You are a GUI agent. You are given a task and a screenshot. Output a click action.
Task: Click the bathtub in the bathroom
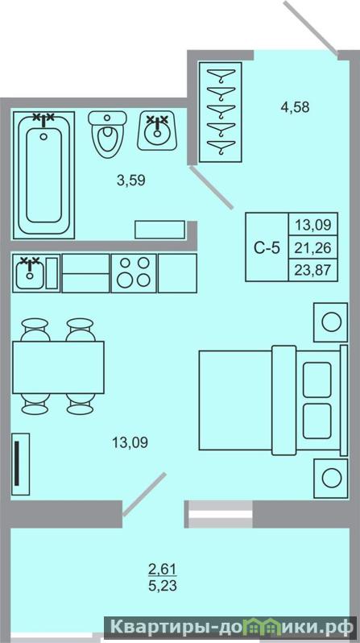pyautogui.click(x=43, y=175)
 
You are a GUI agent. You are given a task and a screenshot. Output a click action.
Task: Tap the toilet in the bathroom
pyautogui.click(x=107, y=134)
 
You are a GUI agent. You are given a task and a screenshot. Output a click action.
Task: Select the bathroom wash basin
pyautogui.click(x=157, y=131)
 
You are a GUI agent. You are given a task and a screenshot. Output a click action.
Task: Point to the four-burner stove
pyautogui.click(x=134, y=272)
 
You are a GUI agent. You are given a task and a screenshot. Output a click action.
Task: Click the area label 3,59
pyautogui.click(x=130, y=180)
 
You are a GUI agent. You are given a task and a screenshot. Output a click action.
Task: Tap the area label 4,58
pyautogui.click(x=295, y=107)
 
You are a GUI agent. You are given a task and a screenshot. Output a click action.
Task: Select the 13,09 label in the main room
pyautogui.click(x=130, y=443)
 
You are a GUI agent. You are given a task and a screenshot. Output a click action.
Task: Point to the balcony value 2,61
pyautogui.click(x=163, y=569)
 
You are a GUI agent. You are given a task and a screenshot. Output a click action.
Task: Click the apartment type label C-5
pyautogui.click(x=267, y=248)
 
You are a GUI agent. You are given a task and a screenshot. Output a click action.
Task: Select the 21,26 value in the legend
pyautogui.click(x=313, y=247)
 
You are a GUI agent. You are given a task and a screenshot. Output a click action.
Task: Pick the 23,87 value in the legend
pyautogui.click(x=313, y=270)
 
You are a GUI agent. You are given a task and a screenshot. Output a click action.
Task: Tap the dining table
pyautogui.click(x=58, y=367)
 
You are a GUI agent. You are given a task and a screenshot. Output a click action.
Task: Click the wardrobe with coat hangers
pyautogui.click(x=220, y=111)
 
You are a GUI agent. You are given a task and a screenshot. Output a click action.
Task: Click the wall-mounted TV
pyautogui.click(x=20, y=464)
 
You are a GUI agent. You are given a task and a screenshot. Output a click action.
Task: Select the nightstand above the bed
pyautogui.click(x=331, y=322)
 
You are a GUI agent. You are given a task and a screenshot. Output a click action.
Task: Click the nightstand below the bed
pyautogui.click(x=331, y=478)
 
